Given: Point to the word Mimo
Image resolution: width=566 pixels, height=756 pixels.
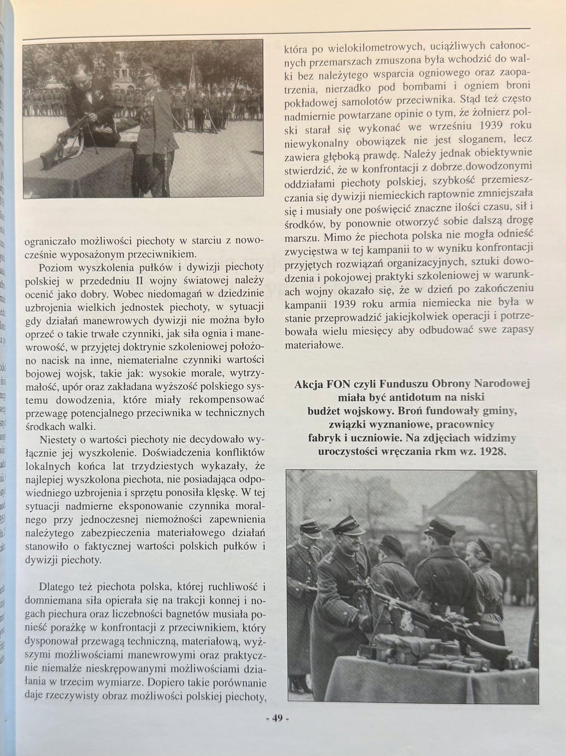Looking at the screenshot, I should click(327, 237).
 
